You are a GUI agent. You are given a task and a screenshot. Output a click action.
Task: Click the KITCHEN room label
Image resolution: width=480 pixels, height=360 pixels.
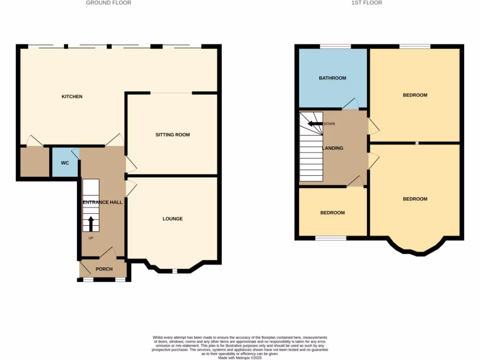[72, 97]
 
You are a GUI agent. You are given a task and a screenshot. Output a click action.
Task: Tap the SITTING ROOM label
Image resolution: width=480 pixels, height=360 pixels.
[172, 135]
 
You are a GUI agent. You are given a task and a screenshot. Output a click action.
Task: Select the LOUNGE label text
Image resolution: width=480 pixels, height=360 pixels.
[172, 218]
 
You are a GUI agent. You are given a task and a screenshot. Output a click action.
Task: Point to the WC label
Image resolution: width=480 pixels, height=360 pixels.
[65, 163]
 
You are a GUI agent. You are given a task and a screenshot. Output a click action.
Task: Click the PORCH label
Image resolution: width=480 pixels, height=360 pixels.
[104, 269]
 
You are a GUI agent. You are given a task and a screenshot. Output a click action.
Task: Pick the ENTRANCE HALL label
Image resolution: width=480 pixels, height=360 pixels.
[103, 202]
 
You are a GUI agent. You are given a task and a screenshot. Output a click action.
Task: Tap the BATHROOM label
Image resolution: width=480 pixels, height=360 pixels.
[332, 78]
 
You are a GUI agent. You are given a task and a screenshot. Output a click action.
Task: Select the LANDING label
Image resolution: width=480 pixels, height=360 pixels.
[333, 148]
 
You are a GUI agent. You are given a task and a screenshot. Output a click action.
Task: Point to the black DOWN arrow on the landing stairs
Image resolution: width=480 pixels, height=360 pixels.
[315, 124]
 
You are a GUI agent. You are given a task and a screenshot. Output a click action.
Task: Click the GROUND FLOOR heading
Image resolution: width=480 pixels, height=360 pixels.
[108, 3]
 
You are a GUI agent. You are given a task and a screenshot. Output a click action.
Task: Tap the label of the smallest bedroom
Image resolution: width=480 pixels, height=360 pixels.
[332, 212]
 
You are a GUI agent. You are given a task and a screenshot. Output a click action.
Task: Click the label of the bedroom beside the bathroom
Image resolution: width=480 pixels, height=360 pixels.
[415, 95]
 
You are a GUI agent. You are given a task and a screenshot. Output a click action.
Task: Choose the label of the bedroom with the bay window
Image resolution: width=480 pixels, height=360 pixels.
[415, 199]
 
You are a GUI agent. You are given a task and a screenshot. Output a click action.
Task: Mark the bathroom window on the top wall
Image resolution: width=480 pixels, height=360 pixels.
[335, 46]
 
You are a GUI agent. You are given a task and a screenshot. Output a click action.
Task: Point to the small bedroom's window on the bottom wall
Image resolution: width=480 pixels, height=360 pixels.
[330, 238]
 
